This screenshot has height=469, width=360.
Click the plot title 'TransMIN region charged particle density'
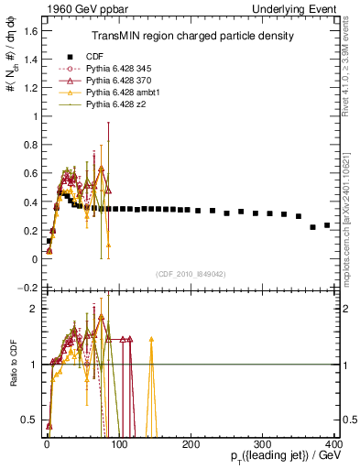[191, 36]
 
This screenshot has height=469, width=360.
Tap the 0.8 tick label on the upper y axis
[29, 145]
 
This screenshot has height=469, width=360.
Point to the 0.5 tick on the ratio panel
[29, 420]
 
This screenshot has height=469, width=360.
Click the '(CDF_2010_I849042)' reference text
[191, 274]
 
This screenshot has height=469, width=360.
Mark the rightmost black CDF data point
[327, 224]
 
